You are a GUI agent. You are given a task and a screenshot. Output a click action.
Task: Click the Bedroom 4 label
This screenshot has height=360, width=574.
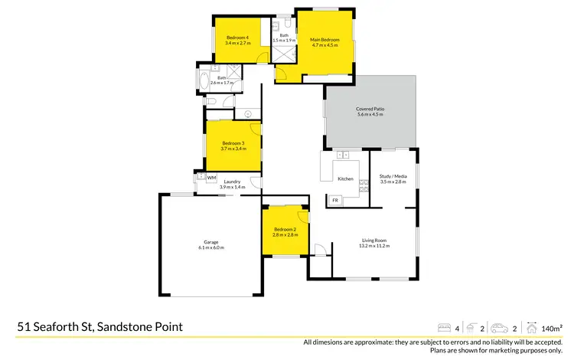coord(236,38)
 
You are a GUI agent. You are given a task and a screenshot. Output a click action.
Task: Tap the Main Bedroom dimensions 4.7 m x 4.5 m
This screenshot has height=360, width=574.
coord(325,44)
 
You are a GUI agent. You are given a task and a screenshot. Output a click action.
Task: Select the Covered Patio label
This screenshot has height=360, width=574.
coord(370,109)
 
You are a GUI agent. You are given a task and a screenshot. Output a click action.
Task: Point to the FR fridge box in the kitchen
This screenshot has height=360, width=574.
coord(335,200)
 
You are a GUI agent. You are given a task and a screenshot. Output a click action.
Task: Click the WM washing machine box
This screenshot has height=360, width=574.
coord(211,178)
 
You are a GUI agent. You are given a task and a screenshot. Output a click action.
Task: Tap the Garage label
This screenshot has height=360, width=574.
coord(210,242)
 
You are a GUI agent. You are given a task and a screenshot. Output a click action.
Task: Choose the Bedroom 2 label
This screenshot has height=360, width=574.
coord(285,229)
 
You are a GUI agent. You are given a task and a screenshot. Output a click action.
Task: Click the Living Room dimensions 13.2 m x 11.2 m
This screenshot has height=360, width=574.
coord(373,246)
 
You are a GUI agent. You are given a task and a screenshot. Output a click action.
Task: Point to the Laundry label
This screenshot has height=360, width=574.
coord(232,182)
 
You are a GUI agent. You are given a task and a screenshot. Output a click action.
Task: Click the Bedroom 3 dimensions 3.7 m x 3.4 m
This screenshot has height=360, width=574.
coord(233,149)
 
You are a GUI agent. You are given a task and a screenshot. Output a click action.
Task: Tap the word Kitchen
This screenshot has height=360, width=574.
coord(345,178)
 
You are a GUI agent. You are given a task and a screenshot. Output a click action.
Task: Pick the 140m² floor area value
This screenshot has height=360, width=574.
coord(553,327)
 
